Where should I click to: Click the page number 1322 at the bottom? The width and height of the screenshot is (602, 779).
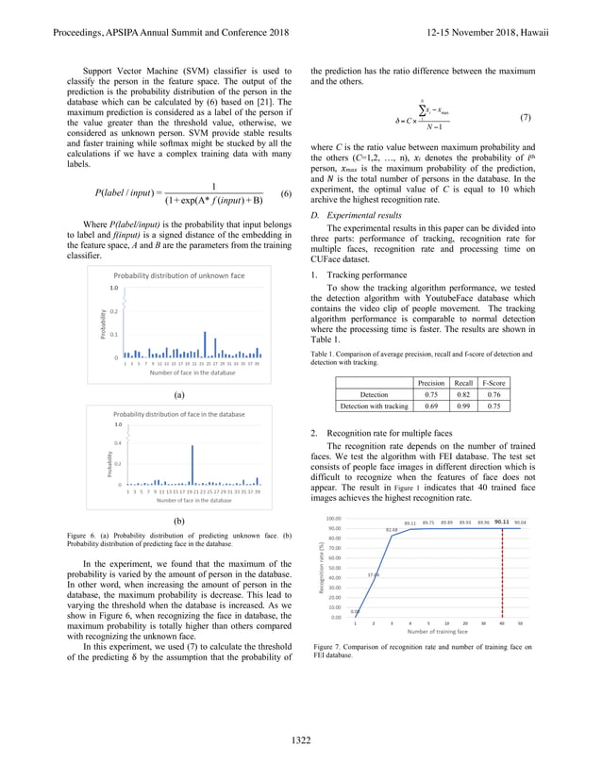pyautogui.click(x=301, y=741)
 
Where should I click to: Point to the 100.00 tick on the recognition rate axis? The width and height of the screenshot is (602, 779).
pyautogui.click(x=334, y=518)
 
